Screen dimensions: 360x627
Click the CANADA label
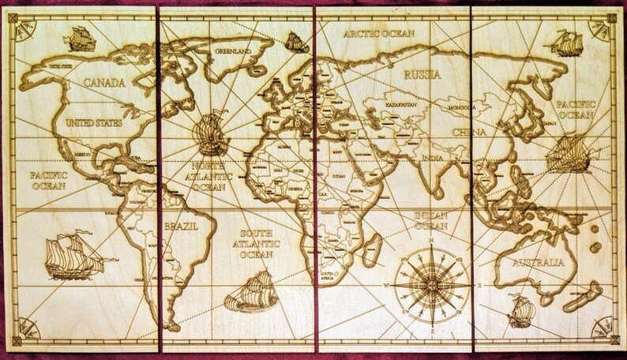point(105,83)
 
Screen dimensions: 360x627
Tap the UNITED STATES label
point(94,122)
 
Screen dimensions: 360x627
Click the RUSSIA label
point(422,75)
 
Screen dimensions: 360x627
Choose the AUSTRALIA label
point(538,262)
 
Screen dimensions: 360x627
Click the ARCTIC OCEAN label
point(377,34)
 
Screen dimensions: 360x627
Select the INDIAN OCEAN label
point(430,220)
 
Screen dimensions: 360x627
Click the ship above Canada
point(80,37)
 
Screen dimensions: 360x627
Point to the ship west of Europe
point(212,132)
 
